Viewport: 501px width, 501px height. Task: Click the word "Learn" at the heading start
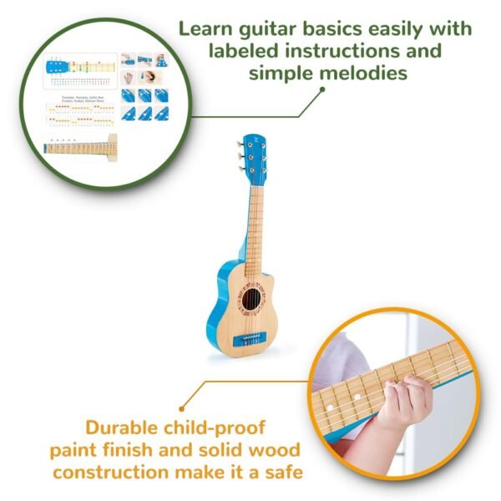[205, 29]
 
